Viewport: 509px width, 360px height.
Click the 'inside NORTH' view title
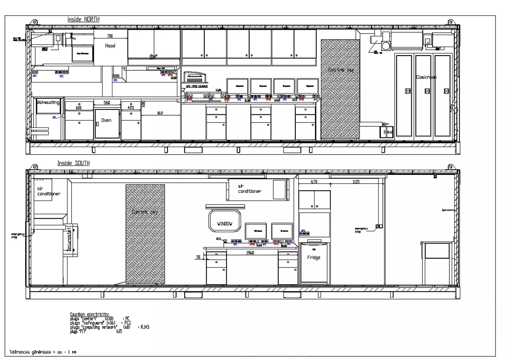83,19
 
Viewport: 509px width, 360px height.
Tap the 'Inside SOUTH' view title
74,163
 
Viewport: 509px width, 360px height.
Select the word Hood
110,46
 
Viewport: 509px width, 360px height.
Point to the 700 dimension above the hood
109,36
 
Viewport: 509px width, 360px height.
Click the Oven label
106,121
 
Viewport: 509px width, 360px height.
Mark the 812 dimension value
160,113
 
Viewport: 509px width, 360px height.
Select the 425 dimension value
131,108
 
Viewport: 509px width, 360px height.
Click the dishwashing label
48,103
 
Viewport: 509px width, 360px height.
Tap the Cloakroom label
426,77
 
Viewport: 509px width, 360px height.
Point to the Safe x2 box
387,132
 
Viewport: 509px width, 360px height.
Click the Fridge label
314,257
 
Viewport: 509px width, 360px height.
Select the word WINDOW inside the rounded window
225,224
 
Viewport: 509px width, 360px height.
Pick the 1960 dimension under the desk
250,253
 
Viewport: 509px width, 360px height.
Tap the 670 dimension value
314,182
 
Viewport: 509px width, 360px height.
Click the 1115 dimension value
356,182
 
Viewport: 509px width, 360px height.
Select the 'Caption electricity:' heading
89,314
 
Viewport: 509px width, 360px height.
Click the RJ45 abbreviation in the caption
145,327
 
